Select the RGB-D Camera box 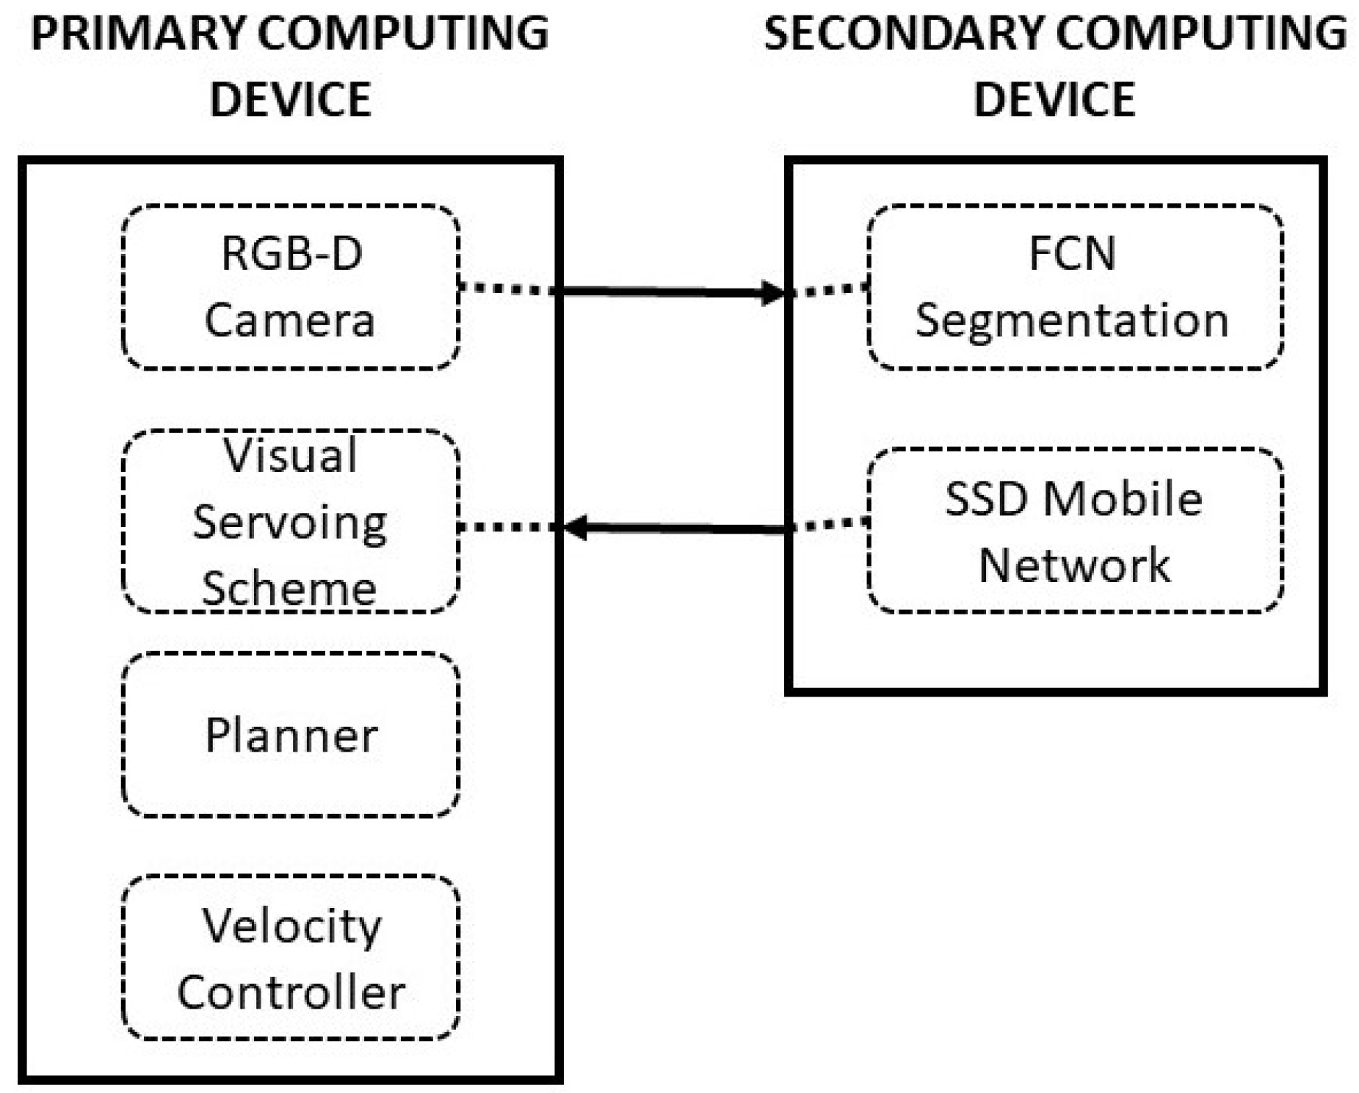(290, 287)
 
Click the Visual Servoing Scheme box (290, 521)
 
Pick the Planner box (290, 735)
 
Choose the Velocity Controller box (290, 957)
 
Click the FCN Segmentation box (1074, 287)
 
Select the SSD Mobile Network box (1074, 531)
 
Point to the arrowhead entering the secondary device (773, 293)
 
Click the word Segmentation (1071, 320)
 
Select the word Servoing (290, 523)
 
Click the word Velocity (291, 926)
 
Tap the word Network (1074, 564)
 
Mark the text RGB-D (291, 253)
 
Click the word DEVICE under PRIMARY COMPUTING (290, 100)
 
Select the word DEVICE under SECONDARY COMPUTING (1054, 100)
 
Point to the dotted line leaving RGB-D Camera (507, 288)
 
